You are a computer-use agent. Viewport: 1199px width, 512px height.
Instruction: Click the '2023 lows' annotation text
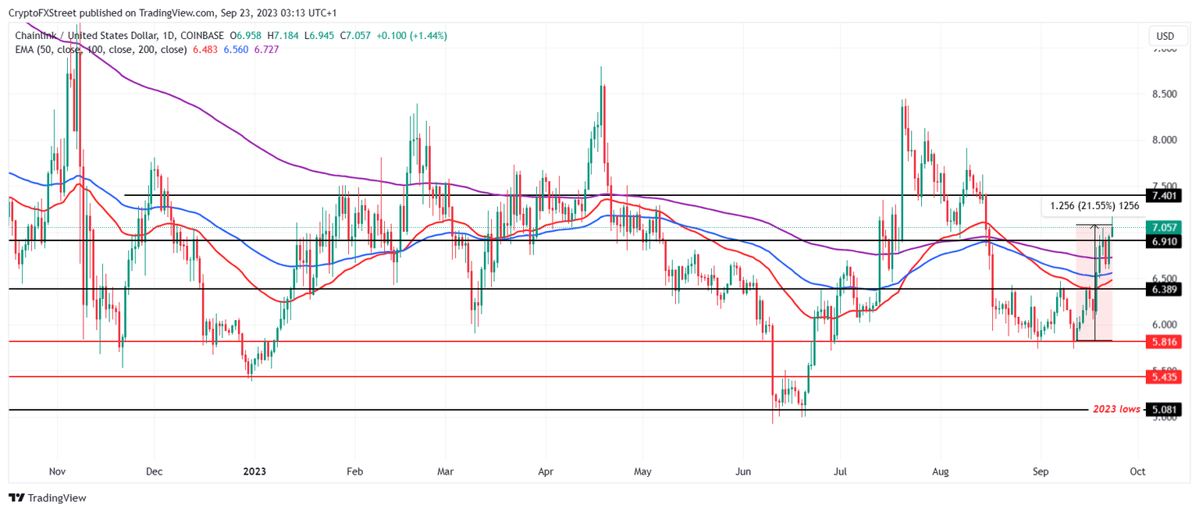[1115, 410]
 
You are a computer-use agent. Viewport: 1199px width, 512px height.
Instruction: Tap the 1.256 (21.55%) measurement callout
[1094, 206]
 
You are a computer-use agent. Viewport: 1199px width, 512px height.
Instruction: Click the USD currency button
[1165, 36]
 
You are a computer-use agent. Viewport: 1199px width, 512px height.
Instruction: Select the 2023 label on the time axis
[255, 471]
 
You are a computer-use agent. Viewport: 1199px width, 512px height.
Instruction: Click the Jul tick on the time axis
[840, 471]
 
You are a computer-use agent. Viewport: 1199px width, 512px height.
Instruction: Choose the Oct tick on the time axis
[1138, 471]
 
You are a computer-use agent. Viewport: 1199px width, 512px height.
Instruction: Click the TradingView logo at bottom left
[48, 498]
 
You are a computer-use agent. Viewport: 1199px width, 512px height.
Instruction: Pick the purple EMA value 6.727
[266, 49]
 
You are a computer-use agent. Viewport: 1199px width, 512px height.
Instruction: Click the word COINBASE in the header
[201, 36]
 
